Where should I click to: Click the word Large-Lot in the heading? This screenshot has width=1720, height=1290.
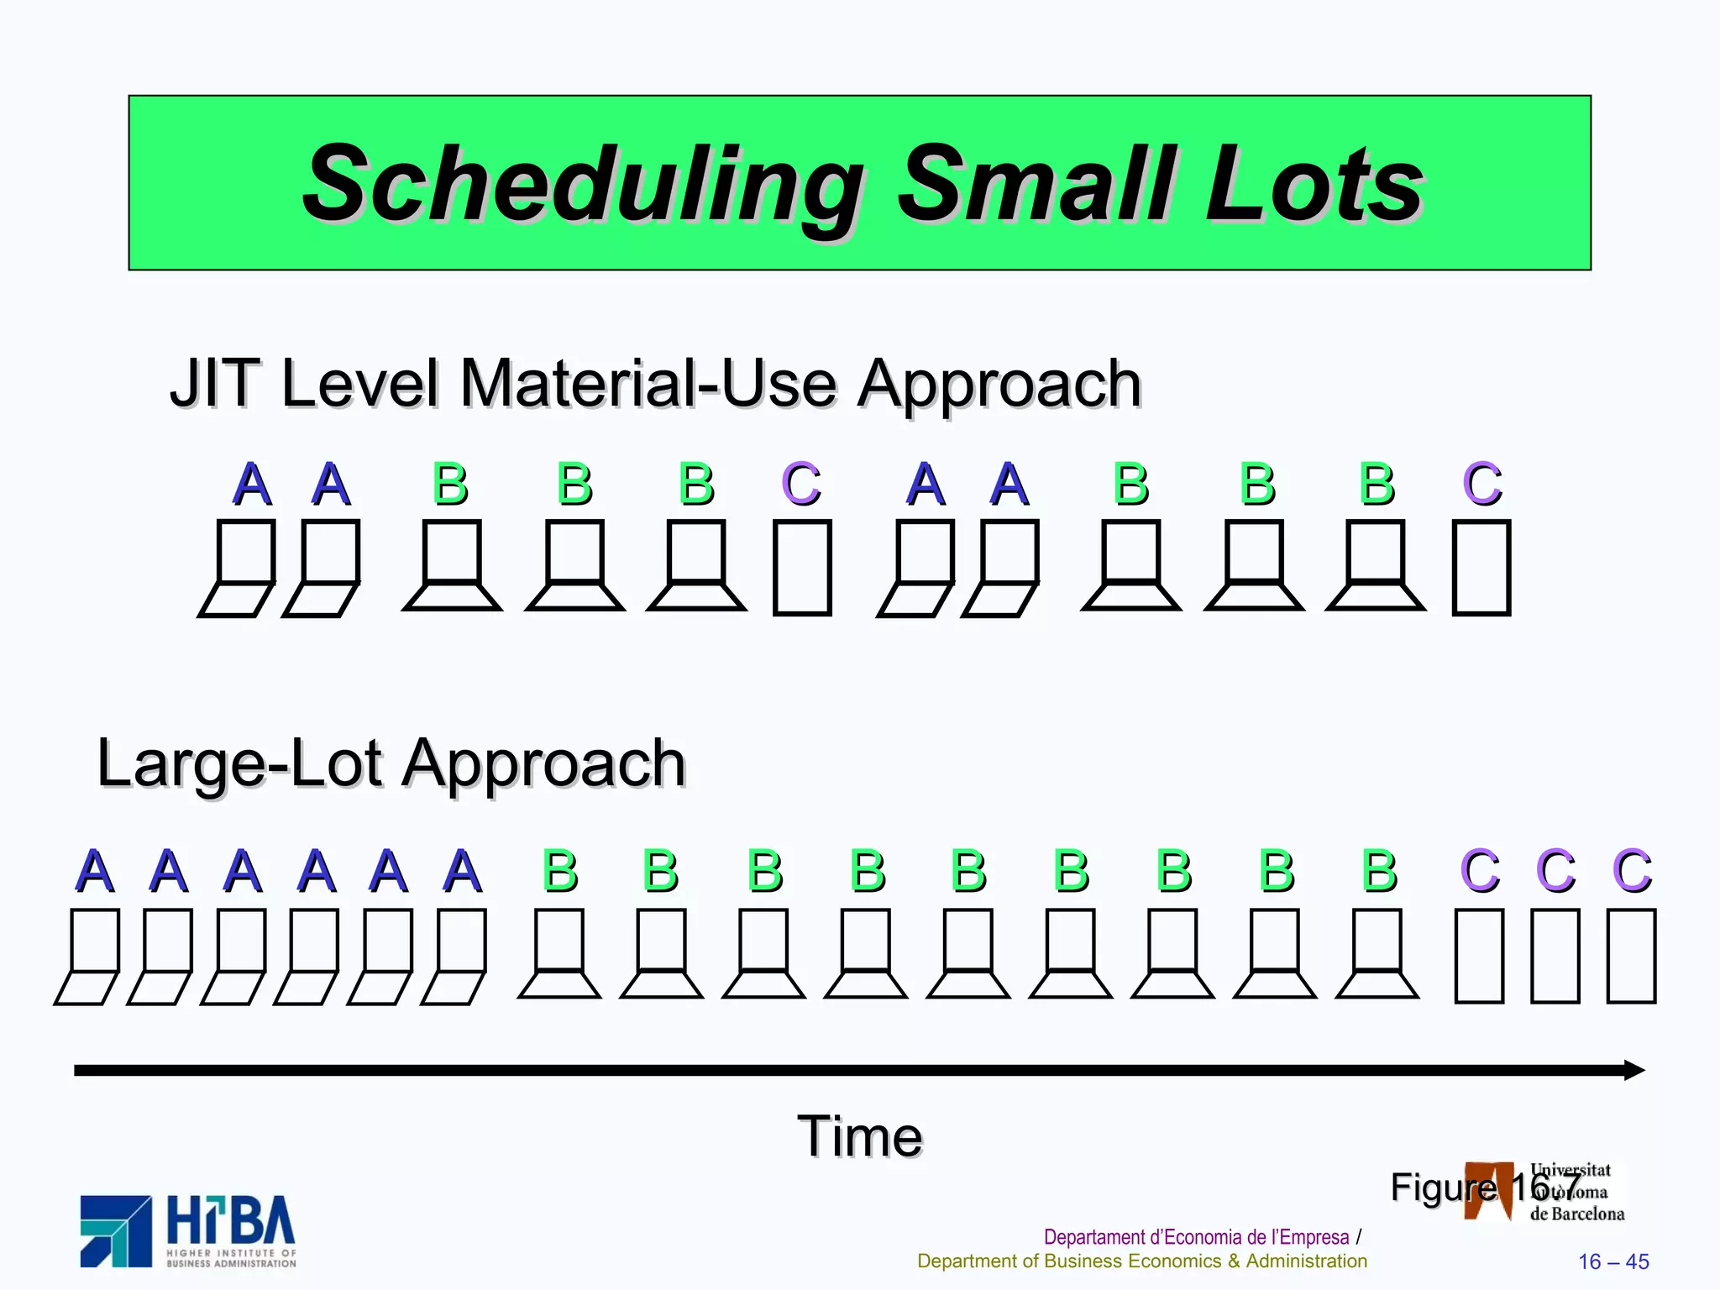pos(240,763)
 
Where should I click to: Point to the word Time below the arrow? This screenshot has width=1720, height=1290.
pos(859,1137)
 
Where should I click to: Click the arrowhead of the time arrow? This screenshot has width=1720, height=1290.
pos(1633,1070)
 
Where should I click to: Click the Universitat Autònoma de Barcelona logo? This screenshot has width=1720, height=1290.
pos(1544,1192)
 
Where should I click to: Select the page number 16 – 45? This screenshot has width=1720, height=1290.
pos(1613,1261)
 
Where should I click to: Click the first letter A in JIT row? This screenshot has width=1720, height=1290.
pos(252,485)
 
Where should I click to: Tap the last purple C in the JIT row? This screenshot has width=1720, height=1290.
pos(1481,485)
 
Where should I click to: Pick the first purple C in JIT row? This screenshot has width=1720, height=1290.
pos(800,485)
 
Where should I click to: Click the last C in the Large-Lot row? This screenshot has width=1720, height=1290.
pos(1632,871)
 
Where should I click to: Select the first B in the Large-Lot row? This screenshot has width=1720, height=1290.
pos(560,871)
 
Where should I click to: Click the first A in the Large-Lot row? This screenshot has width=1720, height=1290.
pos(94,871)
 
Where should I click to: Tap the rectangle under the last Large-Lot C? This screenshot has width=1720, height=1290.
pos(1631,957)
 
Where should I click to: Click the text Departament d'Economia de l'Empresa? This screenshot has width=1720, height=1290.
pos(1196,1237)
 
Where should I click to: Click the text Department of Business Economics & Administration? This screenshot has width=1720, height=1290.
pos(1142,1261)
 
